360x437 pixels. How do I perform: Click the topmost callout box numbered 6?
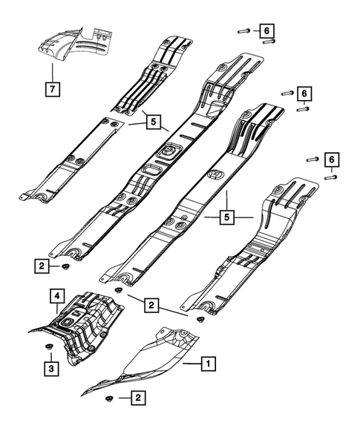pyautogui.click(x=265, y=30)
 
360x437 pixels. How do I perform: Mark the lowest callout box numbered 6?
pyautogui.click(x=331, y=160)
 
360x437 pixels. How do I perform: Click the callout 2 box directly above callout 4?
pyautogui.click(x=43, y=265)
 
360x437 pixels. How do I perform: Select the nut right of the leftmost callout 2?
pyautogui.click(x=67, y=266)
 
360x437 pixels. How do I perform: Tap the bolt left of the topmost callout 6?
pyautogui.click(x=243, y=30)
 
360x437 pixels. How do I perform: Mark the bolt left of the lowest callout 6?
pyautogui.click(x=311, y=159)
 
